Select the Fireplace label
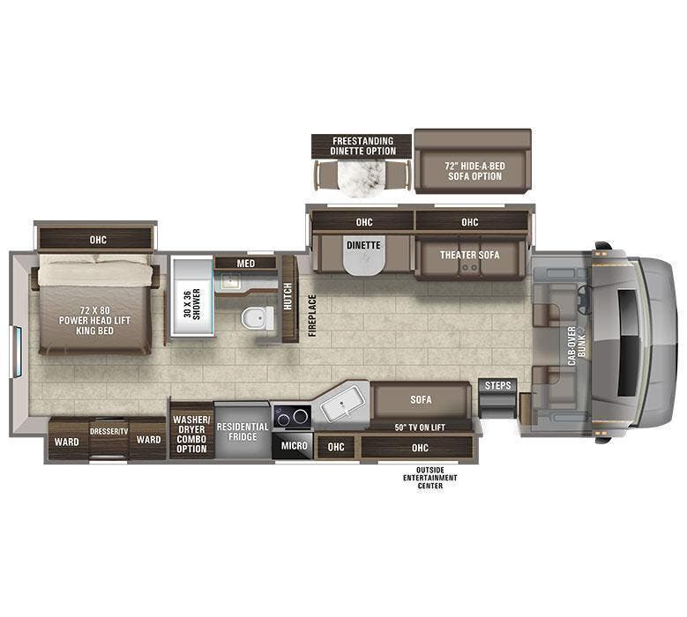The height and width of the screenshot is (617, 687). point(311,315)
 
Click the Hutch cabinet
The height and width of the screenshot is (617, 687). point(287,297)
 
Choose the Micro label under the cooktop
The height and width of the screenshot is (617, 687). point(295,446)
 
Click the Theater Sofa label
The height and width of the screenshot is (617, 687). point(470,255)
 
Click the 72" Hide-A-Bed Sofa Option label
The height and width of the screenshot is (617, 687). point(474,170)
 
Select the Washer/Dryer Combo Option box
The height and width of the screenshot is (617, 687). point(190,434)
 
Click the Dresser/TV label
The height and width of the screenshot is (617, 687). point(108,432)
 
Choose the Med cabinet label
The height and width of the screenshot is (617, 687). point(245,263)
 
